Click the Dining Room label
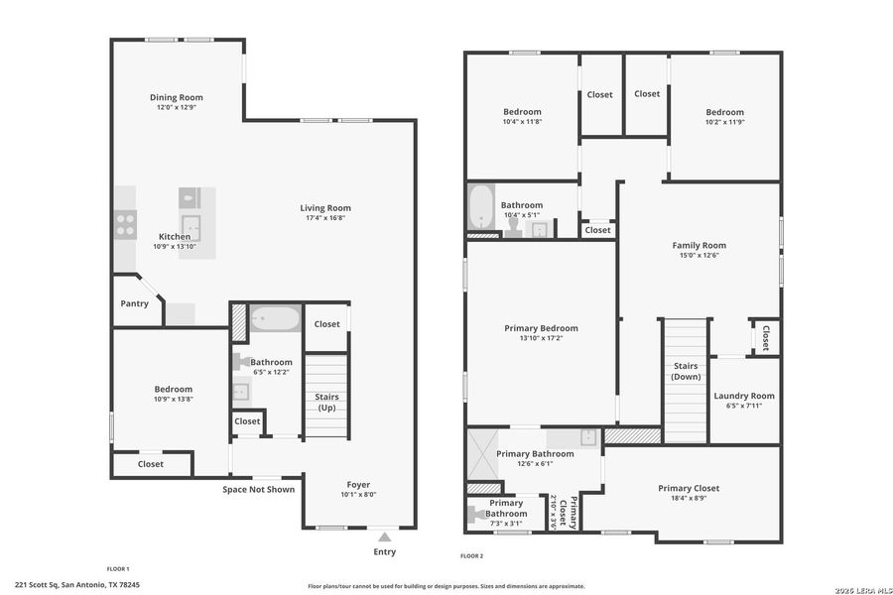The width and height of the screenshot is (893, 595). coord(177,97)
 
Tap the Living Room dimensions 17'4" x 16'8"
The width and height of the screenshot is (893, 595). coord(325,218)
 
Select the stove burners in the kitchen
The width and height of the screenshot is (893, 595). coord(125,225)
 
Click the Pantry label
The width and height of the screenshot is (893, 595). coord(134,303)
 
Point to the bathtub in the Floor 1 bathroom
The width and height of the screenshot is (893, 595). coord(274,319)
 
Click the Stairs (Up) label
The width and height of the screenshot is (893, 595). coord(326,402)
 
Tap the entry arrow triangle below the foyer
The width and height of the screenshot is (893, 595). coord(384,536)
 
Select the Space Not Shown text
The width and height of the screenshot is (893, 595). coord(258,489)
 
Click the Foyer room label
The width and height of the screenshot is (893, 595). coord(358,484)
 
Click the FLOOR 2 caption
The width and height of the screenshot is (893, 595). coord(471,556)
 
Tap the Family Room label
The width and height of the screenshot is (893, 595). coord(699,245)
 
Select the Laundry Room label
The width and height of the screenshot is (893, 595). coord(744,396)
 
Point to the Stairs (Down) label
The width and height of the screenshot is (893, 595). coord(685,371)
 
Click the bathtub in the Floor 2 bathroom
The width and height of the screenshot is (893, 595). coord(481,207)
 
